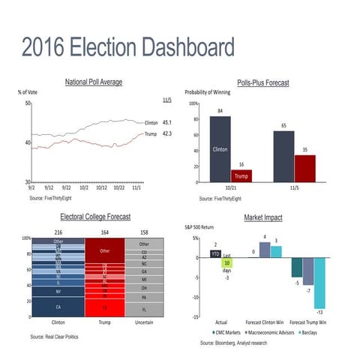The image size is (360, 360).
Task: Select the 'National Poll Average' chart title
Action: [94, 82]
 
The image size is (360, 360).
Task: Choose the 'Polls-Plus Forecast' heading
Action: [262, 83]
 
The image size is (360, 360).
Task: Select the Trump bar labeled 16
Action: [241, 175]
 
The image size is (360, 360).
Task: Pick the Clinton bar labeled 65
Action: [283, 157]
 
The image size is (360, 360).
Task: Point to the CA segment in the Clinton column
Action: [58, 307]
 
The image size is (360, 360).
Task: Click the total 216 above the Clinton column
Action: [58, 232]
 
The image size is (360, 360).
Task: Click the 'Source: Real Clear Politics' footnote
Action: [54, 337]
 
